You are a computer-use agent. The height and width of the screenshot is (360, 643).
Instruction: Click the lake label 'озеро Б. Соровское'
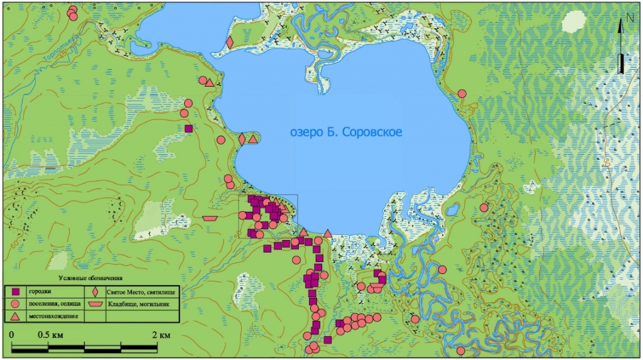[x=346, y=132]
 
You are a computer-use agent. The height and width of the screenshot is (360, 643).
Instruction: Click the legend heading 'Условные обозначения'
[x=90, y=278]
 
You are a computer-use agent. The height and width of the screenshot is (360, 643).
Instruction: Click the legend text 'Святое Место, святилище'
[x=141, y=292]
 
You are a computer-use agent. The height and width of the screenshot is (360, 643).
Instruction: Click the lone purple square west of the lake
[x=188, y=129]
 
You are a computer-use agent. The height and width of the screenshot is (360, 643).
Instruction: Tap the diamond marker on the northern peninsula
[x=230, y=43]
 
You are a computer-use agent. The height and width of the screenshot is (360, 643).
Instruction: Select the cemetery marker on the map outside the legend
[x=210, y=217]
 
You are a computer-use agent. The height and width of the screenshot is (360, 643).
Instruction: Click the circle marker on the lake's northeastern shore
[x=462, y=94]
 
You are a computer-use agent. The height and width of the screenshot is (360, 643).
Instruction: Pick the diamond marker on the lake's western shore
[x=242, y=139]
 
